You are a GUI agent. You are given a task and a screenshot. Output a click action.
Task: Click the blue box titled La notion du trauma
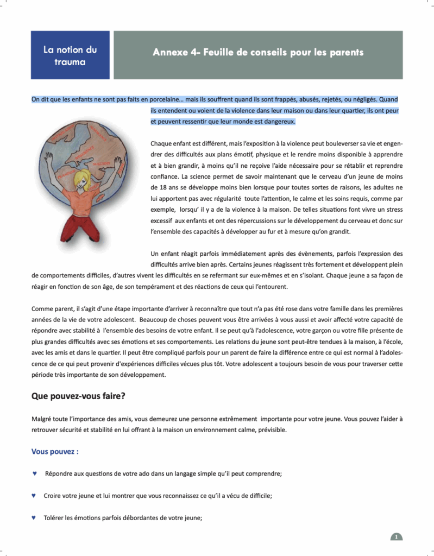tap(70, 55)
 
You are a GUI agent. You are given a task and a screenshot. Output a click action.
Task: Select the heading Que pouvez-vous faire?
tap(78, 396)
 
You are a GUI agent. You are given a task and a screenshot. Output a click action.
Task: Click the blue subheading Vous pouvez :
tap(55, 451)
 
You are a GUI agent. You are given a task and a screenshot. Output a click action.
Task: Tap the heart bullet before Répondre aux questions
tap(35, 473)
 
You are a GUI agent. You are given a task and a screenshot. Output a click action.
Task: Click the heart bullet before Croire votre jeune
tap(35, 496)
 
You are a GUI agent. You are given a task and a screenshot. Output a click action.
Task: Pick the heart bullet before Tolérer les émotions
tap(35, 517)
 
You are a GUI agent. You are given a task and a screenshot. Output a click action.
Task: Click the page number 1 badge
tap(397, 537)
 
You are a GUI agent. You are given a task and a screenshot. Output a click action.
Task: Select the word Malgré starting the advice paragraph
tap(43, 419)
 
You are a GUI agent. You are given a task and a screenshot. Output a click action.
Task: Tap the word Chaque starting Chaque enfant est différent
tap(161, 144)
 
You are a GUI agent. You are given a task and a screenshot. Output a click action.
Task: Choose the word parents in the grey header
tap(344, 53)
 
